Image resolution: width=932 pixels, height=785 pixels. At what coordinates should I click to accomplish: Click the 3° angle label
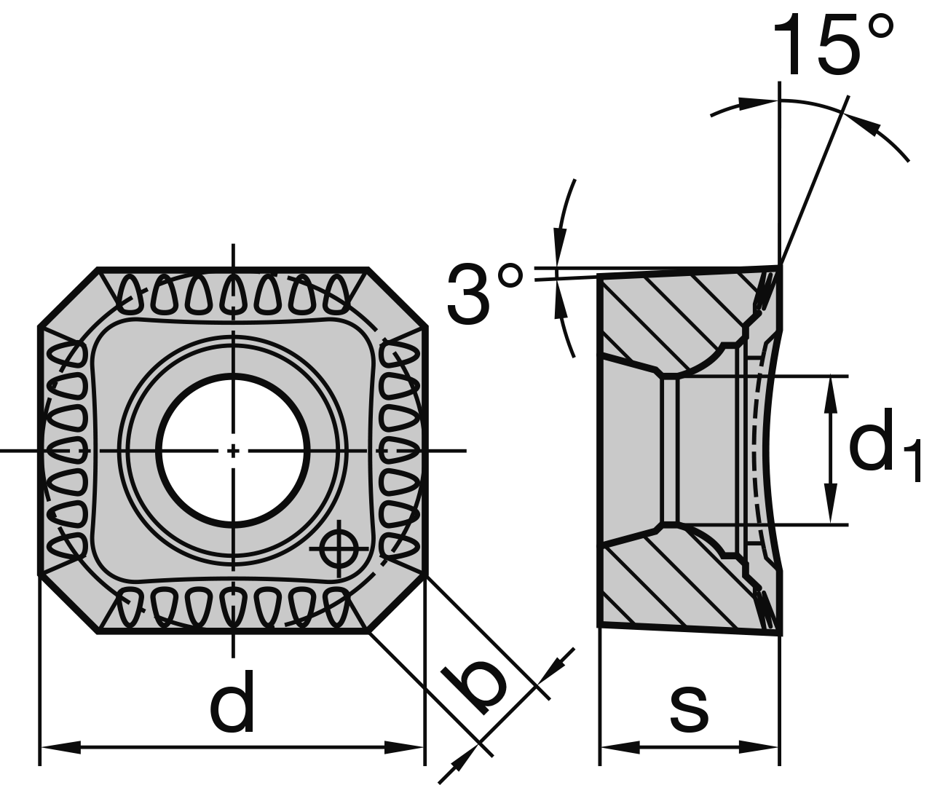[483, 294]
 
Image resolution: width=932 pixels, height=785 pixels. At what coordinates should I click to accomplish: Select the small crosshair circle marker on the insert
[339, 548]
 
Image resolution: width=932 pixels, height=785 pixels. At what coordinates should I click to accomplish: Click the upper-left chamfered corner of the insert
[68, 298]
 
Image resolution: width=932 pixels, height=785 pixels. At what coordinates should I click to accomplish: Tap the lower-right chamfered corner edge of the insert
[398, 602]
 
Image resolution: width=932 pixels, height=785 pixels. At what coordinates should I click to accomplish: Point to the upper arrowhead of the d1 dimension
[829, 393]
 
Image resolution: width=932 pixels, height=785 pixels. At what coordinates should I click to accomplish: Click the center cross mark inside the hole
[233, 450]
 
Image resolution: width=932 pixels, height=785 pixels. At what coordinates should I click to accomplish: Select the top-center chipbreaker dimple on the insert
[233, 295]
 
